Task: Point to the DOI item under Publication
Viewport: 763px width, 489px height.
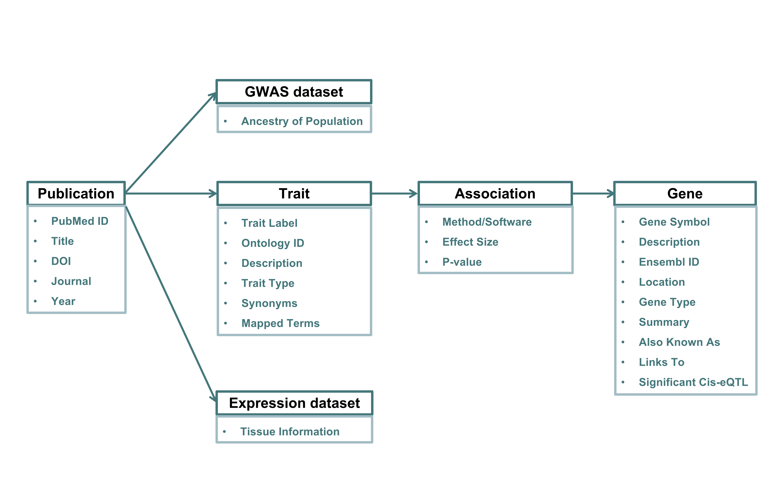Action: [61, 261]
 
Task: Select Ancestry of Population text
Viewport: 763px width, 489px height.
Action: [302, 121]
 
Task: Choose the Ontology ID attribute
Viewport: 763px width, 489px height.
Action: [273, 243]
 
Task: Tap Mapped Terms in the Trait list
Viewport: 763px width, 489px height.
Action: [280, 323]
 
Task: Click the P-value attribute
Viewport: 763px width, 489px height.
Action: [462, 262]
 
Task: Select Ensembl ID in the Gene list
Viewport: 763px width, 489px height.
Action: [669, 262]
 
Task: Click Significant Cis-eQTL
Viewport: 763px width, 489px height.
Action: [693, 382]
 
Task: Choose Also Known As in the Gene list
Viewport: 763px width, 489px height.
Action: [679, 342]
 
